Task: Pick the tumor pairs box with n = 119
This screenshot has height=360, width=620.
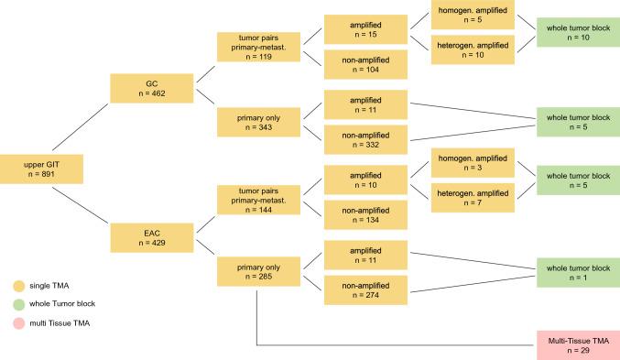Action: click(251, 47)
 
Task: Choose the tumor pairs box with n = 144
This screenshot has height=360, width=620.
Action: click(251, 200)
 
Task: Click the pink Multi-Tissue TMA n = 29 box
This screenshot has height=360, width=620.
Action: click(578, 344)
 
